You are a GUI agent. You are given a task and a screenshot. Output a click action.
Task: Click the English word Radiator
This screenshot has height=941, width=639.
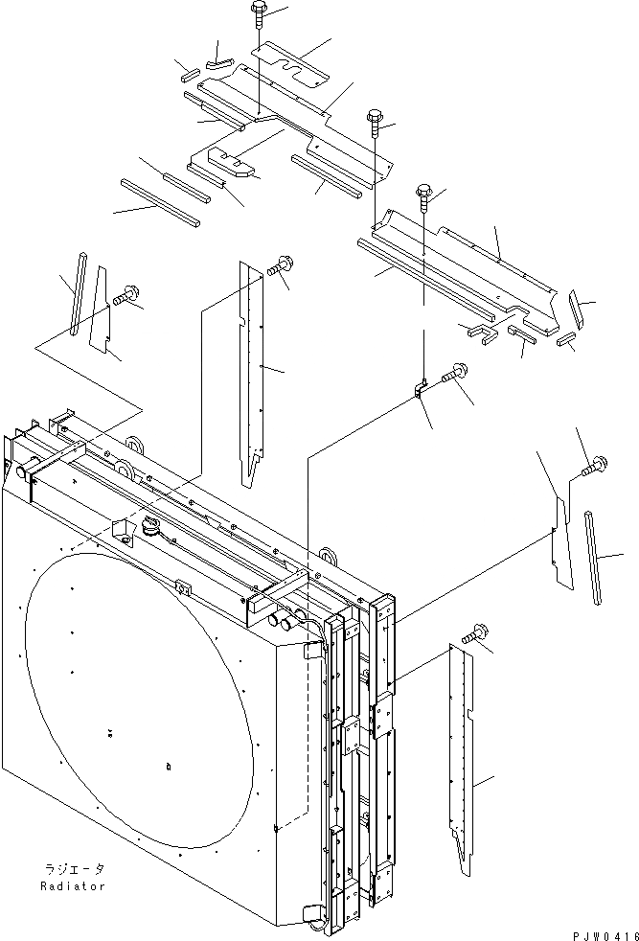[x=73, y=886]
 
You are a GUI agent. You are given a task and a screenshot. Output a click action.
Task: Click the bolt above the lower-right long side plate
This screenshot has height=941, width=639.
[x=476, y=633]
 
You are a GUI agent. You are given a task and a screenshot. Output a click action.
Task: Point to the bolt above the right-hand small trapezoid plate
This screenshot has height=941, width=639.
[x=591, y=466]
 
